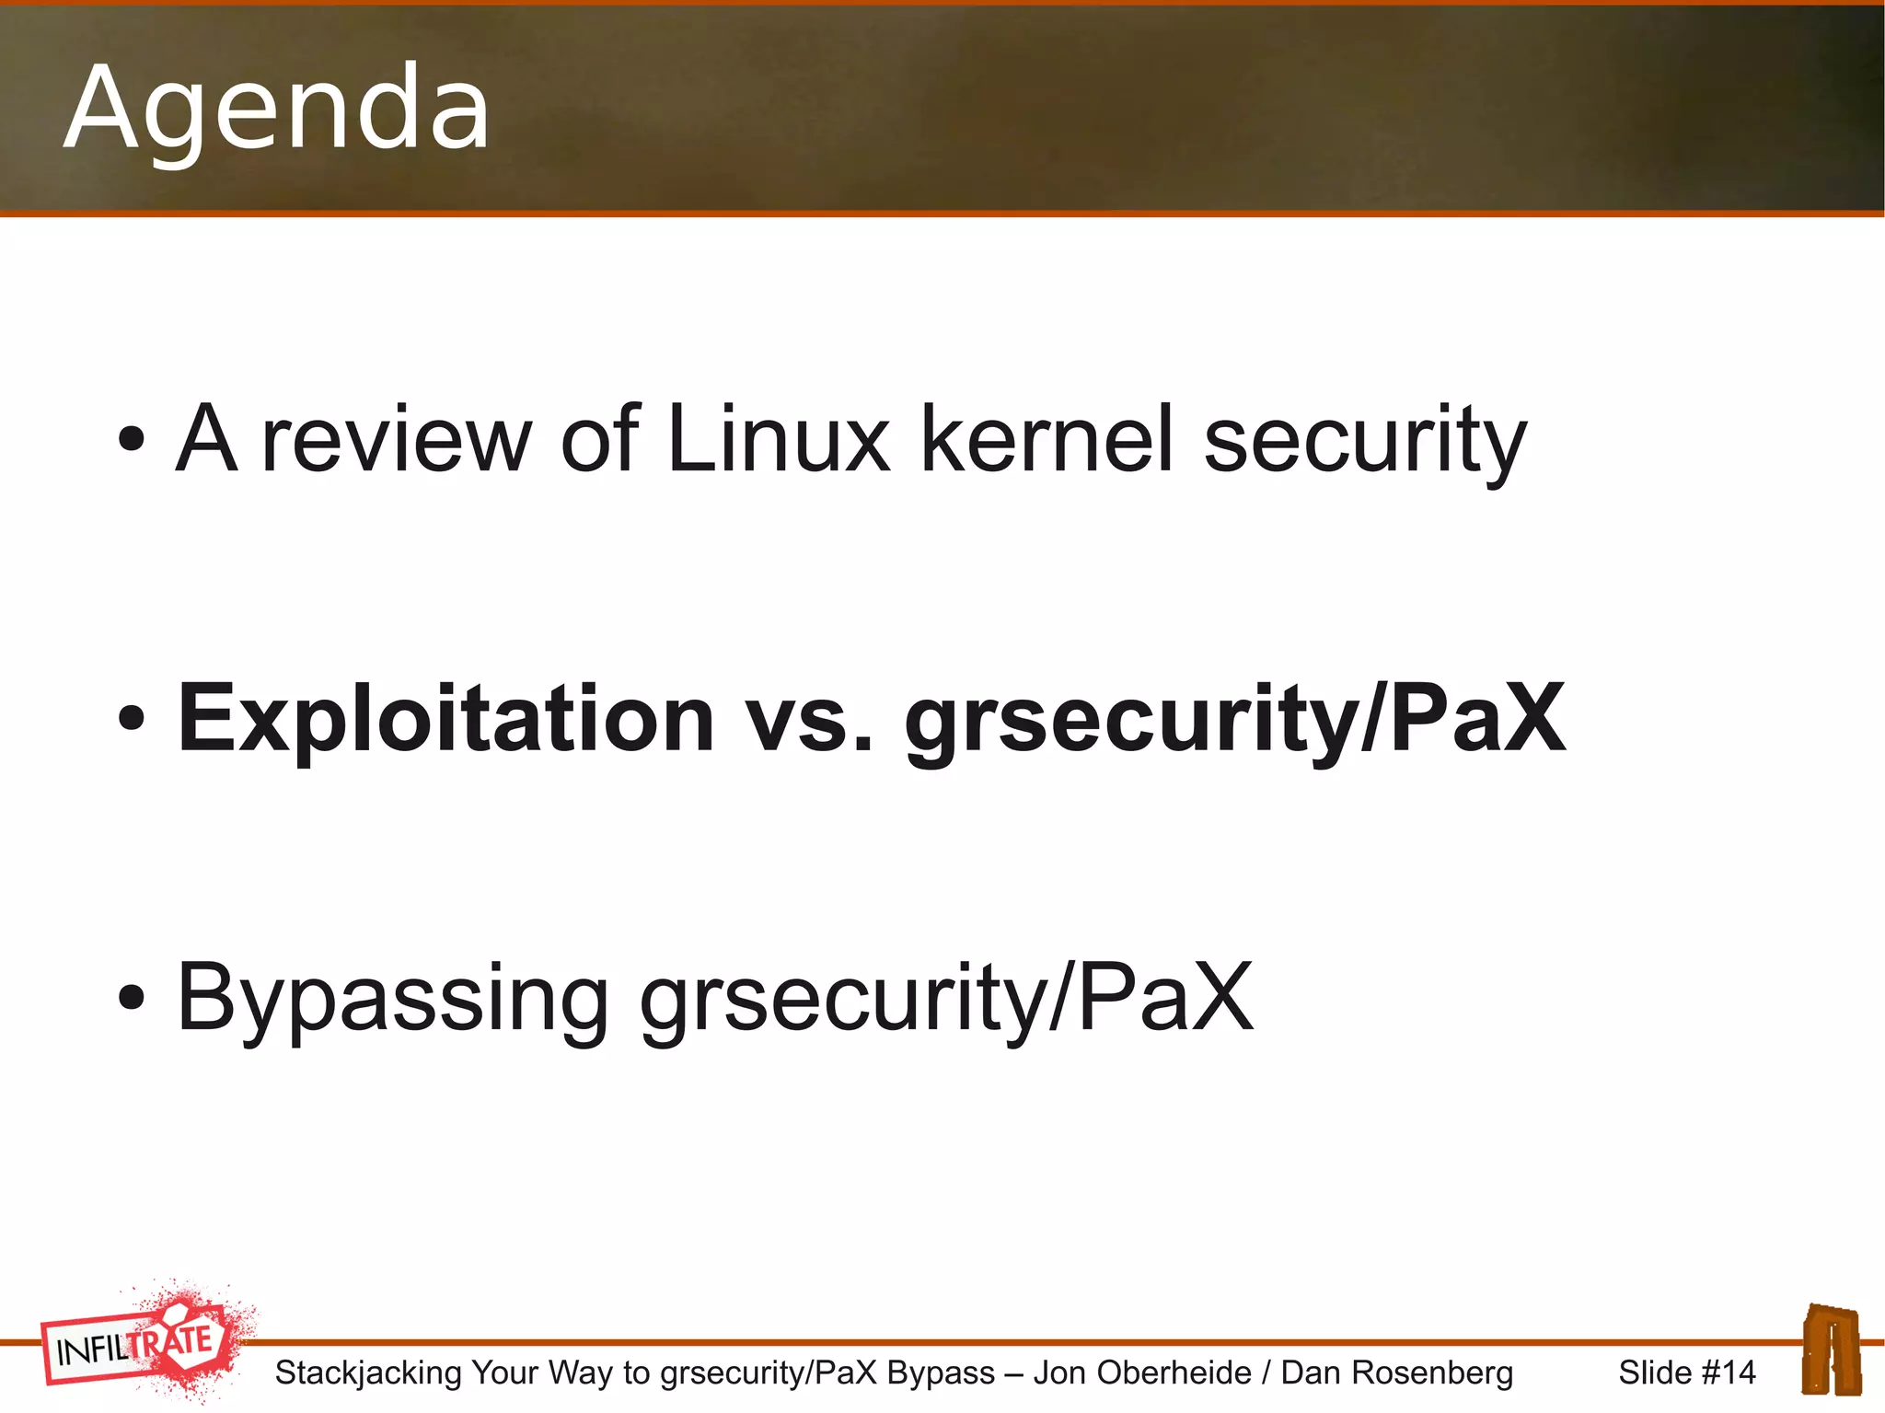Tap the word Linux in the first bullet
tap(779, 440)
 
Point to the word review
tap(397, 440)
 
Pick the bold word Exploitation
tap(446, 720)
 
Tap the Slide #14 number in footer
tap(1686, 1372)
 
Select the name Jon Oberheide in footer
tap(1142, 1372)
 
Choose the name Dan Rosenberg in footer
tap(1396, 1372)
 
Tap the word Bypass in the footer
tap(941, 1372)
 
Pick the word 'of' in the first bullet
tap(599, 440)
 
